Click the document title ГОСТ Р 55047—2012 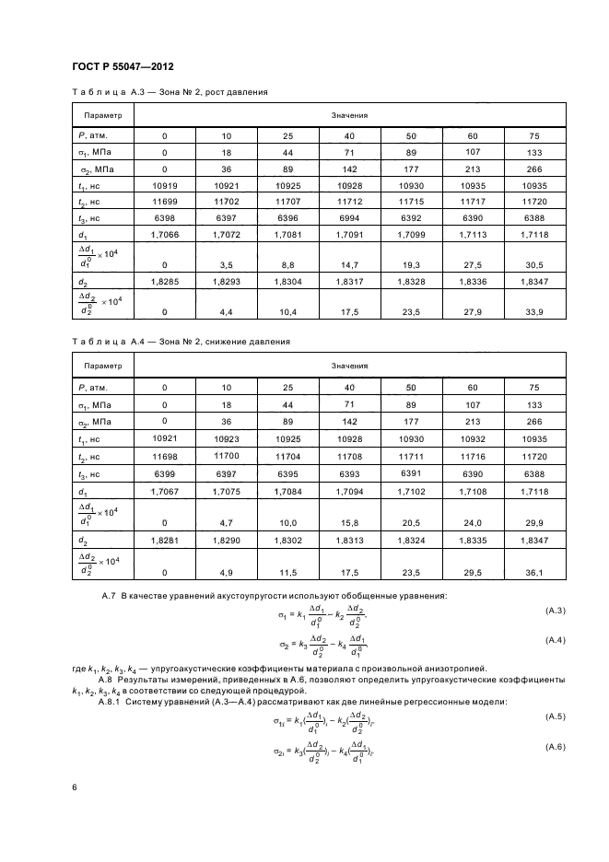coord(123,66)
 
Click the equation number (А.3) coord(554,611)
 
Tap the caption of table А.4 coord(181,342)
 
